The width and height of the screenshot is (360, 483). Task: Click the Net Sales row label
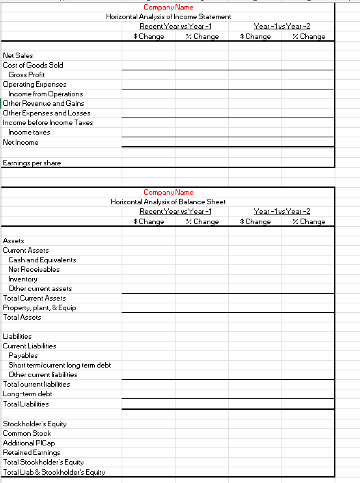[x=18, y=55]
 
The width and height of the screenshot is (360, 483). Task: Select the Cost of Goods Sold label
[x=33, y=65]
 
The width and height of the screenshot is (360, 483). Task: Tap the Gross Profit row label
[x=27, y=74]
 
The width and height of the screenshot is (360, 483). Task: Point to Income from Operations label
[x=45, y=94]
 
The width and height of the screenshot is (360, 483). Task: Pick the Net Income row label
[x=20, y=142]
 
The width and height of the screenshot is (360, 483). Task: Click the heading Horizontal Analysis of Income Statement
[x=168, y=16]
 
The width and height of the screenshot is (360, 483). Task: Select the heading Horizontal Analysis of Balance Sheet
[x=168, y=202]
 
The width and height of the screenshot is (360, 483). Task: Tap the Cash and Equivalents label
[x=42, y=260]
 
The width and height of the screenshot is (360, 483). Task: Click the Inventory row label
[x=23, y=279]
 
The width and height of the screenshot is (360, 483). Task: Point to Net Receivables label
[x=33, y=269]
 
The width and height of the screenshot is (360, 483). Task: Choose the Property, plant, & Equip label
[x=40, y=307]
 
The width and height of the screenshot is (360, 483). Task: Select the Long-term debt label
[x=27, y=394]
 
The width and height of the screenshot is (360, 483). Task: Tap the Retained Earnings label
[x=31, y=452]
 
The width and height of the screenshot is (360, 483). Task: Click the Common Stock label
[x=27, y=433]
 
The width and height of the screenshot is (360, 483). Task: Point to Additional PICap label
[x=30, y=443]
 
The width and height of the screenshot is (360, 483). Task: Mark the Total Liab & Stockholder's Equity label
[x=54, y=472]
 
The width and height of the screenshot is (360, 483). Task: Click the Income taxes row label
[x=29, y=132]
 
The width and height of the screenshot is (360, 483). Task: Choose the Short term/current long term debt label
[x=59, y=365]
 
